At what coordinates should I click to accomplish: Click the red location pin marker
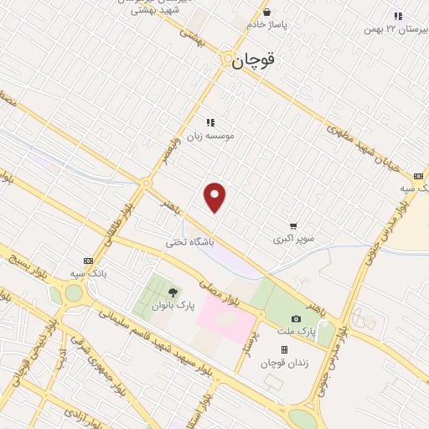215,197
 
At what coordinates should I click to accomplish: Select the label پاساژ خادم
266,25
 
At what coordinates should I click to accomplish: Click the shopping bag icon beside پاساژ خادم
266,12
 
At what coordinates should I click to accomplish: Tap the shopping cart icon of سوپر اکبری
293,225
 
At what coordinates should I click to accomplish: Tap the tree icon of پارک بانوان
173,292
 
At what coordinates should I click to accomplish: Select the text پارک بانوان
173,306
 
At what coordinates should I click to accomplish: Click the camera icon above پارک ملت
296,318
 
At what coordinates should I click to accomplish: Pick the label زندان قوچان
282,362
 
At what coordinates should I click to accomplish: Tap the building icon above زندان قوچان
284,349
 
